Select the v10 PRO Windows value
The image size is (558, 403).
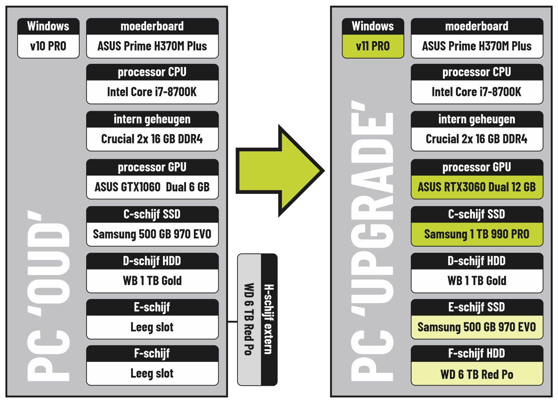coord(48,46)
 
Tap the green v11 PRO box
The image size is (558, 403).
coord(373,46)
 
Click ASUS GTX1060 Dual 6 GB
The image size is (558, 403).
coord(152,187)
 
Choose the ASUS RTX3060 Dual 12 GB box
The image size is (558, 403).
coord(477,187)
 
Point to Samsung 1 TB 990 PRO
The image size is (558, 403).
coord(477,234)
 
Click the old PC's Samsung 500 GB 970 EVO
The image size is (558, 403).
coord(152,234)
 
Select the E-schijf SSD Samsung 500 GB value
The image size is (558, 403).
coord(477,327)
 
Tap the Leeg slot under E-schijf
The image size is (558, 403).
coord(152,327)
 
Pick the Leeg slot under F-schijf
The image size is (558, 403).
coord(152,374)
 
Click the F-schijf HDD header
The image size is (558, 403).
coord(477,354)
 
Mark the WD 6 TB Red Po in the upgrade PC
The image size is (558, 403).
coord(477,374)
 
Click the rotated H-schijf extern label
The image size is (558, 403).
coord(269,319)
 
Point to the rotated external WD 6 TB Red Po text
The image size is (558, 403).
coord(249,319)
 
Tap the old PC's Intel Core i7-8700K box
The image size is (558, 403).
coord(152,92)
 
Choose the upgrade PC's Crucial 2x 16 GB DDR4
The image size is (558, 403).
coord(477,139)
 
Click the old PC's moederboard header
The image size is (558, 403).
coord(152,26)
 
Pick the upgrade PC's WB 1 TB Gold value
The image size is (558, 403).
coord(477,281)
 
